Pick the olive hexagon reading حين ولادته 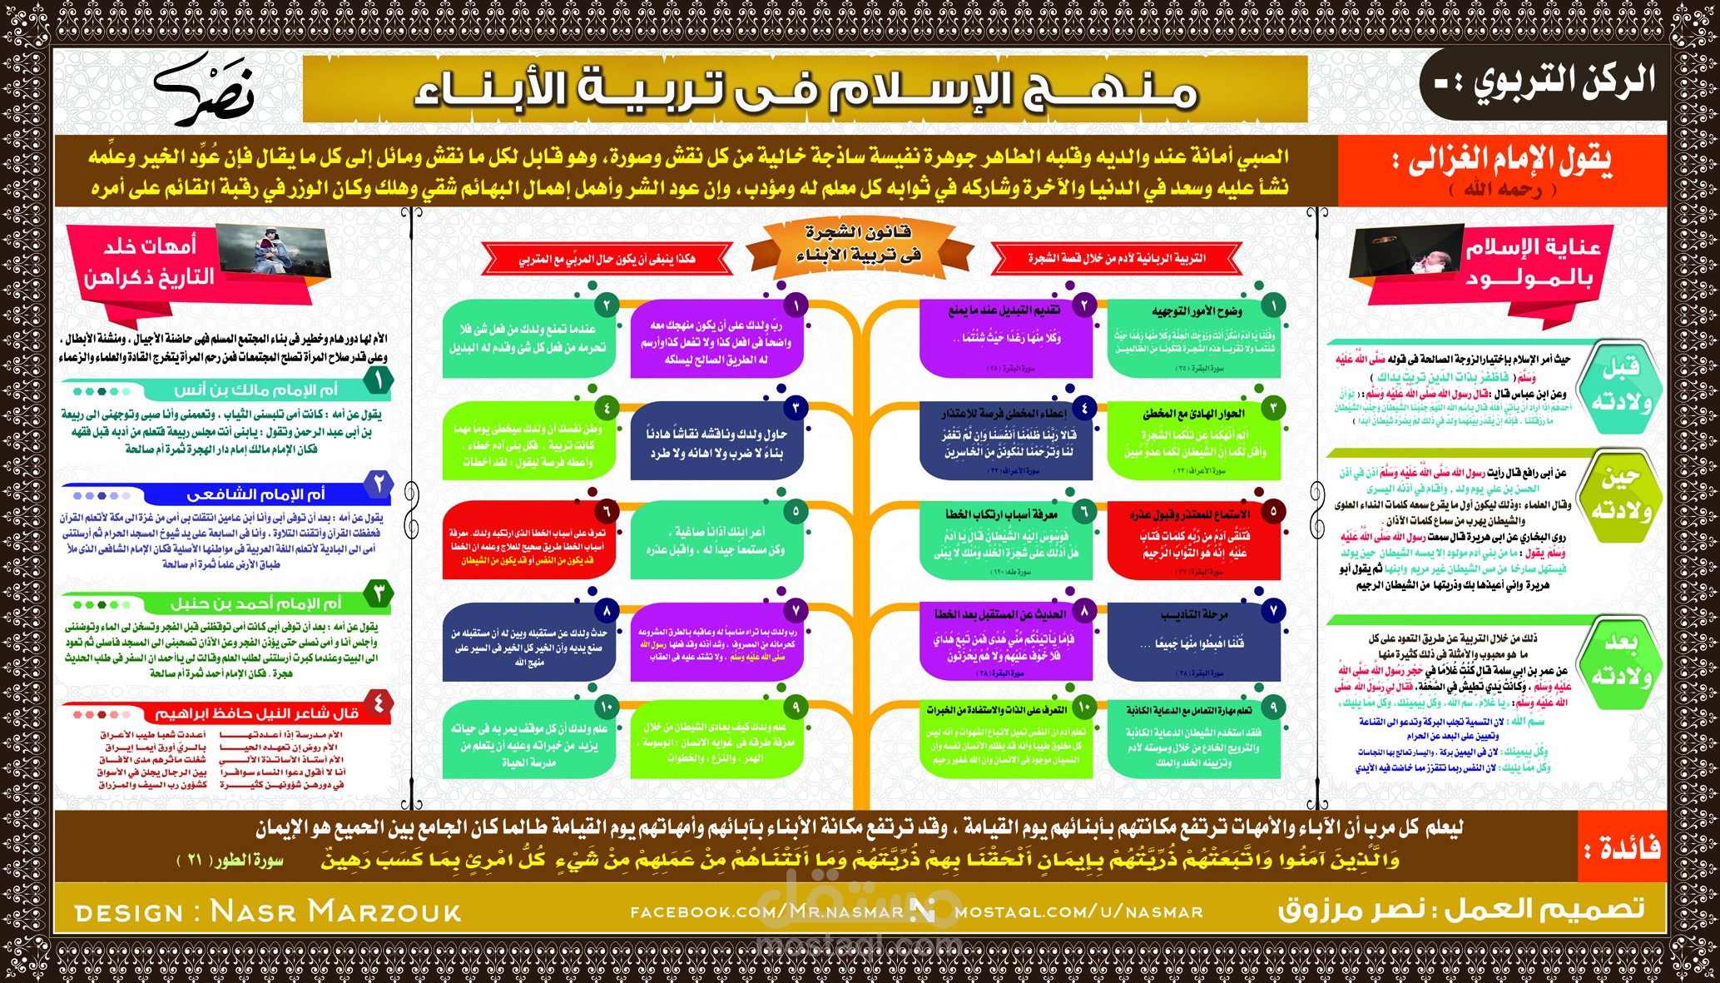coord(1620,493)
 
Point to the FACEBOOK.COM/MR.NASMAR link coord(766,912)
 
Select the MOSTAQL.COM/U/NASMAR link coord(1078,912)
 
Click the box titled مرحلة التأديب coord(1193,640)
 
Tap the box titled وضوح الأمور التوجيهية coord(1193,338)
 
